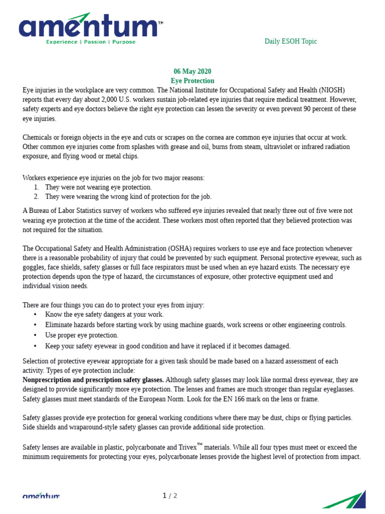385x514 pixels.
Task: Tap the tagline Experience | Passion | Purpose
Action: [x=91, y=42]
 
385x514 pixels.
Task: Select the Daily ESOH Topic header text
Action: [x=291, y=42]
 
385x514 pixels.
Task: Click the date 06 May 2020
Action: [x=192, y=71]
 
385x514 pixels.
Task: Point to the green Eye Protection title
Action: [x=192, y=81]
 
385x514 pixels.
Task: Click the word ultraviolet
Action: [x=242, y=147]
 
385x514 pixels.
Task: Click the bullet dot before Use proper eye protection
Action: [x=35, y=335]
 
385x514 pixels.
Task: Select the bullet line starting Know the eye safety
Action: [x=104, y=315]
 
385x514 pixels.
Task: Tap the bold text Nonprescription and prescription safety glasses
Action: [x=93, y=380]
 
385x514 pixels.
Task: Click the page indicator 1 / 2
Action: [x=170, y=496]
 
